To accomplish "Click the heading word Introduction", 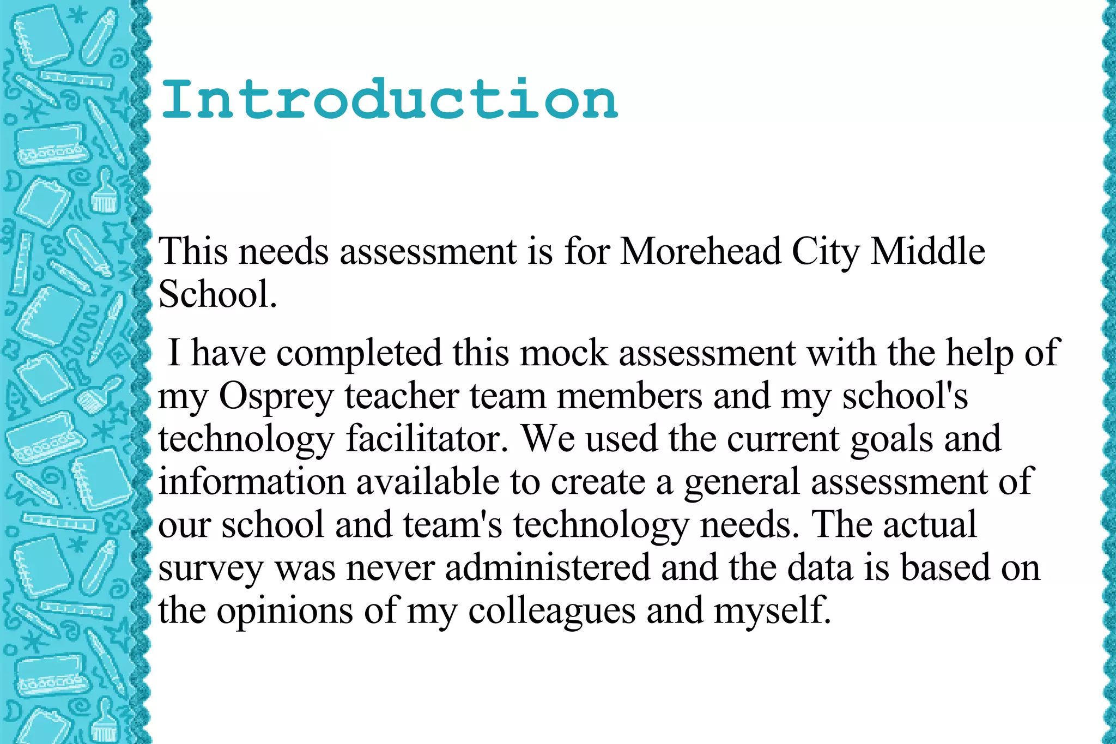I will point(390,99).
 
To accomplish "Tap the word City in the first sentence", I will point(825,252).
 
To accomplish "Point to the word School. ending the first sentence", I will point(217,294).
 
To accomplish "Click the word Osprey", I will point(276,397).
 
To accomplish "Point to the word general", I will point(742,483).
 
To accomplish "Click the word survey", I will point(211,569).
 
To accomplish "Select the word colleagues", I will point(551,611).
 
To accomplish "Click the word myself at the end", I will point(772,611).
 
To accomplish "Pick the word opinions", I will point(285,611).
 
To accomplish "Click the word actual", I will point(930,524).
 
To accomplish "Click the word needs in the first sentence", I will point(284,252).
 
